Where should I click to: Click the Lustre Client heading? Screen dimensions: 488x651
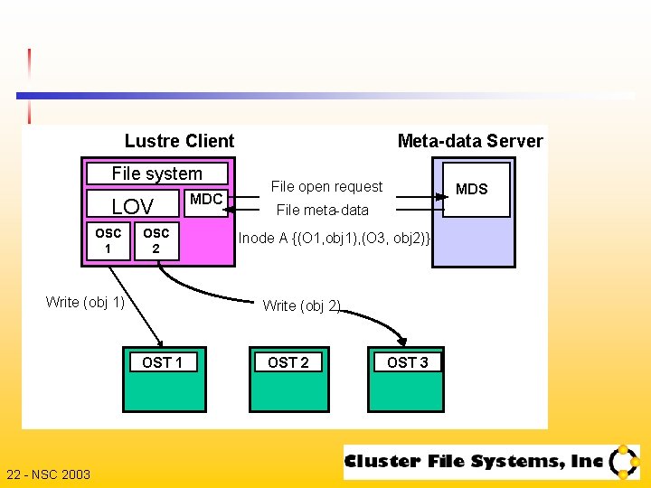pos(179,141)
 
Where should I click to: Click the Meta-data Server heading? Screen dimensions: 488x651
pos(470,141)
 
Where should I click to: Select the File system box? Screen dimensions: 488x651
pos(156,173)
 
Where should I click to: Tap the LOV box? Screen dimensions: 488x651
pos(132,206)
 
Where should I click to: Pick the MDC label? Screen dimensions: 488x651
pos(207,199)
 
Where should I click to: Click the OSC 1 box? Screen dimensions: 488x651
pos(108,240)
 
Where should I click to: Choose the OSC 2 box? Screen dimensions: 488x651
pos(156,240)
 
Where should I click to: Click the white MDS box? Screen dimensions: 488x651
pos(476,190)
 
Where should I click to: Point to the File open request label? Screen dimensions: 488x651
pos(326,186)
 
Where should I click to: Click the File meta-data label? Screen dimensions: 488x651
pos(322,210)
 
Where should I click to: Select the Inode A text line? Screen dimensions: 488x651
pos(336,238)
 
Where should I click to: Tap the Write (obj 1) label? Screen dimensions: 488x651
pos(85,302)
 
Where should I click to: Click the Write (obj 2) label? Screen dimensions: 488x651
pos(301,305)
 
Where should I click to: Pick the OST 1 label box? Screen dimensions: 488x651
pos(163,362)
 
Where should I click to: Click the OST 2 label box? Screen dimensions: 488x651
pos(288,362)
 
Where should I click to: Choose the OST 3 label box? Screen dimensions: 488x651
pos(408,362)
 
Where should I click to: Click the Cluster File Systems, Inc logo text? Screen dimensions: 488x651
pos(473,462)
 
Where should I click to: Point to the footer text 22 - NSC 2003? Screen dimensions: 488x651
pos(48,474)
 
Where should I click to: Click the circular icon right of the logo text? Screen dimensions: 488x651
pos(624,462)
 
